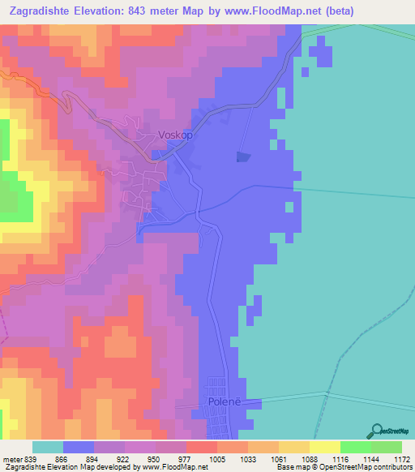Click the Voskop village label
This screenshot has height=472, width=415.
click(176, 135)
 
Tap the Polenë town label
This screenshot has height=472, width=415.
click(218, 402)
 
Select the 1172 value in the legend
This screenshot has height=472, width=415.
click(392, 457)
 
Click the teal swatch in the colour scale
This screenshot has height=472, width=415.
click(48, 447)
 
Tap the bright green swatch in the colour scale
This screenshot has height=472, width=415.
click(355, 447)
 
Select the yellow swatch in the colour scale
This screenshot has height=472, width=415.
click(324, 447)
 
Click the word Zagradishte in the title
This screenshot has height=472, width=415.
click(45, 11)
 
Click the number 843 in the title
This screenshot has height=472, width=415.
click(163, 11)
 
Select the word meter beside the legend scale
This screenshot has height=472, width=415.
click(11, 457)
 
